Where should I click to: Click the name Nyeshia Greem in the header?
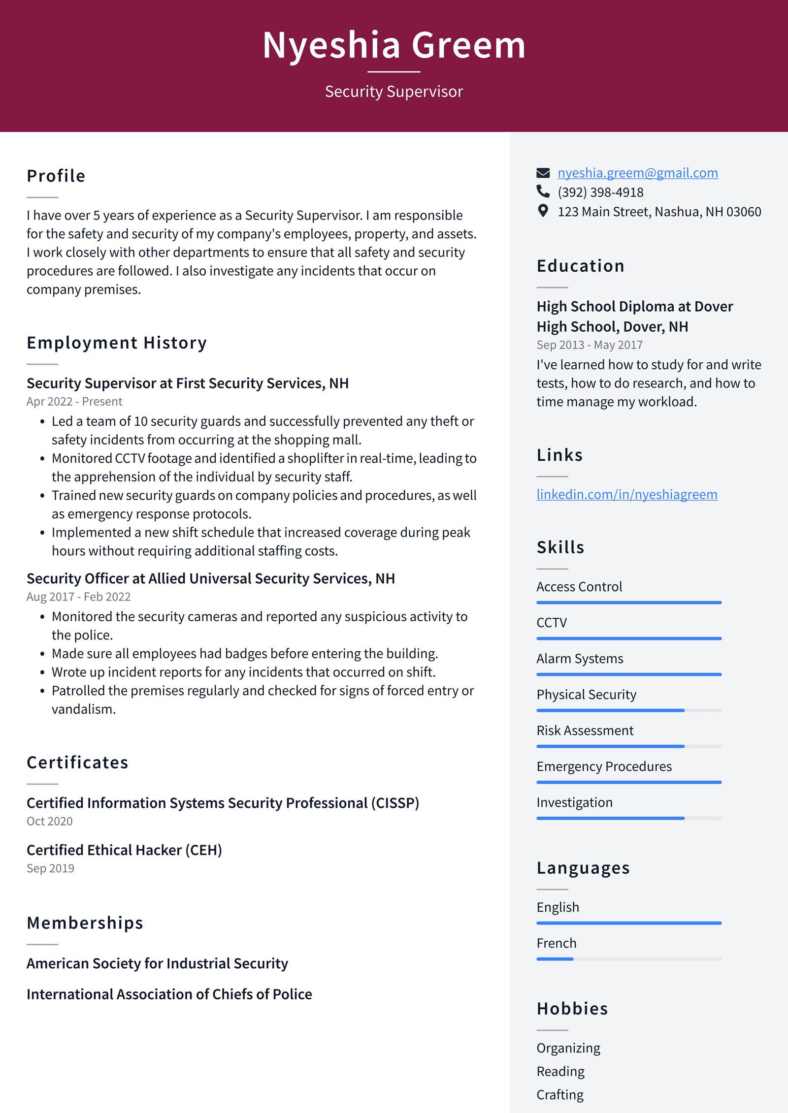(394, 45)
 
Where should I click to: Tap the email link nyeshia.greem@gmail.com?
(637, 173)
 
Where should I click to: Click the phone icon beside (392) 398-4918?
(543, 191)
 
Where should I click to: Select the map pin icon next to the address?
(543, 211)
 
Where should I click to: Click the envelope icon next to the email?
(543, 173)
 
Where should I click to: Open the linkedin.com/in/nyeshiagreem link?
(626, 494)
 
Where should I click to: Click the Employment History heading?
(117, 343)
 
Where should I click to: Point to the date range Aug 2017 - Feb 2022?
(78, 597)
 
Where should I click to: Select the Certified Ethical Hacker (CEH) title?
(124, 850)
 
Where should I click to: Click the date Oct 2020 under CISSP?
(49, 821)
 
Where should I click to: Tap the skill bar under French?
(628, 959)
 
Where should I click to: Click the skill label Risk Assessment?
(585, 731)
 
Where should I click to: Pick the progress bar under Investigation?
(628, 818)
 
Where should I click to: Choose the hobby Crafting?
(559, 1094)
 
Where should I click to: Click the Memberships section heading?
(85, 922)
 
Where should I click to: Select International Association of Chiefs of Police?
(169, 994)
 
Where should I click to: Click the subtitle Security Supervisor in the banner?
(394, 92)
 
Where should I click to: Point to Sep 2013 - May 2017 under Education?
(589, 345)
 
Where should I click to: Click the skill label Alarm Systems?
(579, 659)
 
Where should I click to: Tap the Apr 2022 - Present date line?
(74, 402)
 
